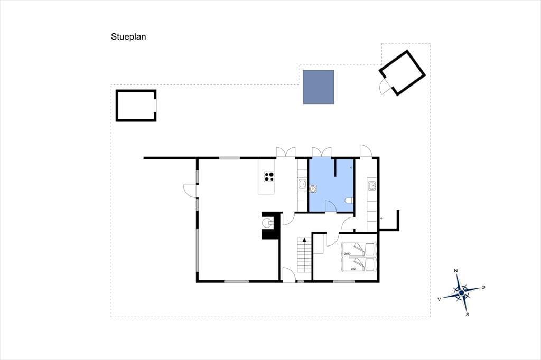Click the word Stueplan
click(x=128, y=37)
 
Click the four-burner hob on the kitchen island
click(x=269, y=176)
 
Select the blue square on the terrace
click(x=319, y=87)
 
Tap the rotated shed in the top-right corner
click(x=402, y=73)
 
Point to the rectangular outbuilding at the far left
click(x=136, y=106)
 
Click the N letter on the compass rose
click(x=456, y=271)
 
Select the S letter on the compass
click(x=468, y=315)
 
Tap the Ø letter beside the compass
click(x=483, y=287)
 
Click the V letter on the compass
click(x=439, y=299)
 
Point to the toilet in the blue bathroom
click(x=349, y=201)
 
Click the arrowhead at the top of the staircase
click(x=304, y=239)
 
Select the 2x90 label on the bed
click(x=347, y=254)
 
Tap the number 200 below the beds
click(x=353, y=269)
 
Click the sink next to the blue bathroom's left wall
click(x=302, y=184)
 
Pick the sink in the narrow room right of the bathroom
click(x=371, y=186)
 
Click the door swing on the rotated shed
click(x=385, y=86)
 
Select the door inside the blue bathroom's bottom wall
click(x=331, y=207)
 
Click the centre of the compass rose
click(x=461, y=293)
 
